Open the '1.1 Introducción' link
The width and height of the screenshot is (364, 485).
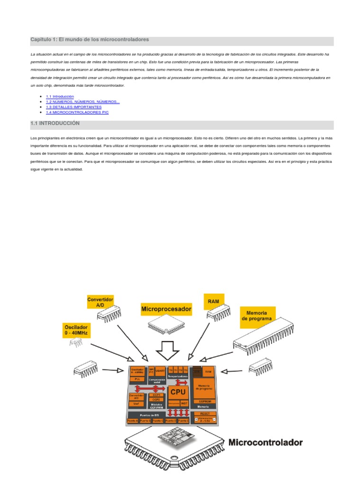point(60,96)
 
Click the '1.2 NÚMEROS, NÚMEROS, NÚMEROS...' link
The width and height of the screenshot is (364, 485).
point(82,102)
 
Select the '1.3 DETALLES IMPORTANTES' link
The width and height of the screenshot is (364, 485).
point(73,107)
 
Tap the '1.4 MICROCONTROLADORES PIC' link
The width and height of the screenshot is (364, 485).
point(77,113)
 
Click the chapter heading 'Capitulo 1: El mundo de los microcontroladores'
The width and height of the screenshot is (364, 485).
point(90,39)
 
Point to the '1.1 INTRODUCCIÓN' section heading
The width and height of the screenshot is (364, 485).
point(55,124)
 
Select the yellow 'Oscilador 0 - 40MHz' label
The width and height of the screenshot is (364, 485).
point(76,330)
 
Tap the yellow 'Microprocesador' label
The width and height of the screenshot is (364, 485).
point(166,309)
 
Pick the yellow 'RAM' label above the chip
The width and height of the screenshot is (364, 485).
point(214,301)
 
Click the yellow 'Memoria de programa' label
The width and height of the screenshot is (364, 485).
point(256,316)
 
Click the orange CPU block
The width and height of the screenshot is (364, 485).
point(178,392)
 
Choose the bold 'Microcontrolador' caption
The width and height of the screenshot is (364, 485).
point(265,443)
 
